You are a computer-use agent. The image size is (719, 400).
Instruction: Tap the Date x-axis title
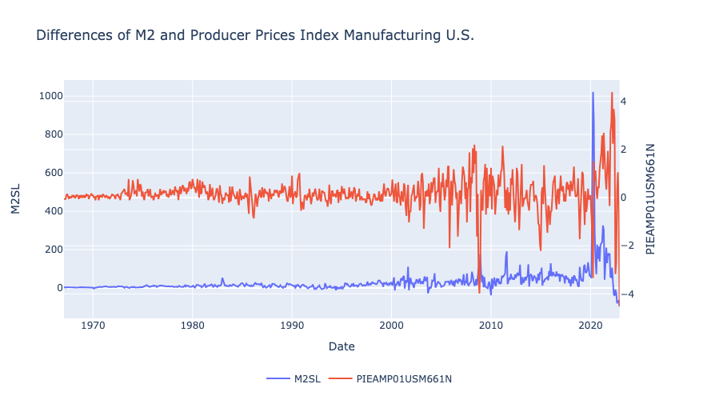click(342, 346)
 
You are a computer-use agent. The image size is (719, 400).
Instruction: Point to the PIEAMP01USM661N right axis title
click(650, 200)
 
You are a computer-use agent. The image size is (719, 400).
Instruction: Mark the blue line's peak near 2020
click(593, 93)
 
